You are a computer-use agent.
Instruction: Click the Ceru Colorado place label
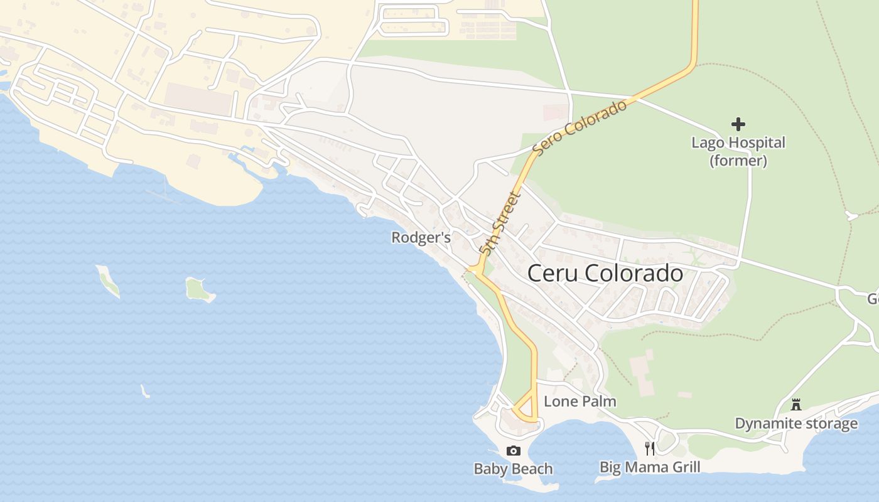click(605, 274)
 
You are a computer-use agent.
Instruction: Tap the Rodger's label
click(421, 238)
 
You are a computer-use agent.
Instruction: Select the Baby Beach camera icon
click(513, 451)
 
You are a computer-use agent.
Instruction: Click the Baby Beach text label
click(513, 469)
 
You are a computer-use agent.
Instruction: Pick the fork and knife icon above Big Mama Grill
click(650, 448)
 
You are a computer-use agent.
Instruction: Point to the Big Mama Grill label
click(650, 467)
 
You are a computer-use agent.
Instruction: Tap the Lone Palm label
click(580, 401)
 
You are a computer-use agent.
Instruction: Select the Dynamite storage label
click(796, 424)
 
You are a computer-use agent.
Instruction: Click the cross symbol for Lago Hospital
click(738, 124)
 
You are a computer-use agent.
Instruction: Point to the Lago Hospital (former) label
click(738, 151)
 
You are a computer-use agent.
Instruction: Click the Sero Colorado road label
click(580, 127)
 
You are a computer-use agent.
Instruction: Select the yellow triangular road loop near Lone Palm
click(527, 409)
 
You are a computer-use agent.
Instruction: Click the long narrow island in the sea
click(107, 280)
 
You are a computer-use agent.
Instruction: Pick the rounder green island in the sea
click(199, 289)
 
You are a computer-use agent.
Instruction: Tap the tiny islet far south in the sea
click(145, 392)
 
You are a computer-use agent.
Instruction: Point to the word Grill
click(683, 467)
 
